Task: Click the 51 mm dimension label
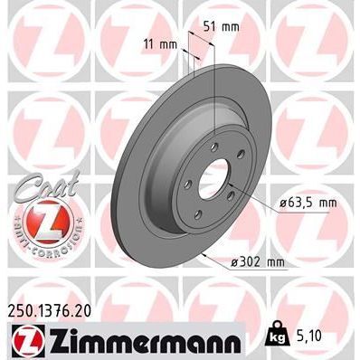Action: [224, 26]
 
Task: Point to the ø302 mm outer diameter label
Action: [258, 262]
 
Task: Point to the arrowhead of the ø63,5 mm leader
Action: [227, 185]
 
